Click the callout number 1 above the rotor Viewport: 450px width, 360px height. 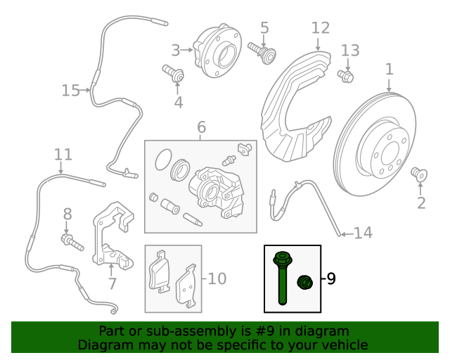(x=389, y=70)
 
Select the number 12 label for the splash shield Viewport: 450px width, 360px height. (x=320, y=28)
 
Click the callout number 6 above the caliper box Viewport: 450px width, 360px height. (x=201, y=127)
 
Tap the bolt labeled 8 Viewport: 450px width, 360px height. (x=71, y=243)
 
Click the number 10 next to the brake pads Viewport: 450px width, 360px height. (x=217, y=278)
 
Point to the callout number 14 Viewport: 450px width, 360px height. (x=361, y=233)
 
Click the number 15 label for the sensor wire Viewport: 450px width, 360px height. (x=71, y=91)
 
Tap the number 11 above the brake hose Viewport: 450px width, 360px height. (x=63, y=155)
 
